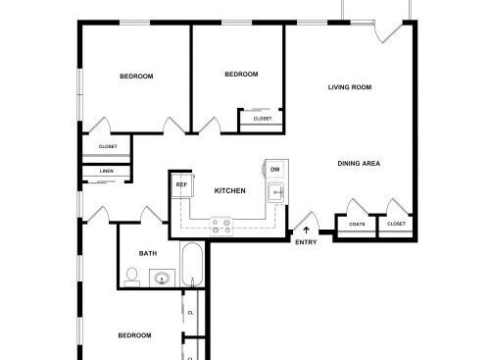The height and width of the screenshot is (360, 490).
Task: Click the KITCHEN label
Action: [x=229, y=190]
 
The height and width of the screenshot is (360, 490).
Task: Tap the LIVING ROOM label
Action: [x=350, y=87]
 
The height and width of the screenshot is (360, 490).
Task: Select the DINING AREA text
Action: [x=359, y=164]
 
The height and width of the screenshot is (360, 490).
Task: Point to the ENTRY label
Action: [x=306, y=242]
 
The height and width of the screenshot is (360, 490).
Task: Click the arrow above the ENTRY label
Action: [x=306, y=231]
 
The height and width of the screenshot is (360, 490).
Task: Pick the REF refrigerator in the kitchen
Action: [x=182, y=185]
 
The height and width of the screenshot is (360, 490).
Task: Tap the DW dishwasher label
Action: [x=275, y=170]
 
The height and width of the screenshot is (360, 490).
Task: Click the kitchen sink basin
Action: [x=276, y=192]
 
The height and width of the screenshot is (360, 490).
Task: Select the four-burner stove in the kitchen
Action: [x=220, y=227]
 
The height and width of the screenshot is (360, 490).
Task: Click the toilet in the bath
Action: [x=132, y=278]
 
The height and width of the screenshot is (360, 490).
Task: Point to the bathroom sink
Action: [x=162, y=279]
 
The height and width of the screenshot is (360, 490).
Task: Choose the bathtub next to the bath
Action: [x=192, y=265]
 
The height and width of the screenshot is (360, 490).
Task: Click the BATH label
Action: [x=148, y=253]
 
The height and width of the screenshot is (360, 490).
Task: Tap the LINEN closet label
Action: [x=107, y=171]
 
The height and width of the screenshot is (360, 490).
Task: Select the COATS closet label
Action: [x=357, y=225]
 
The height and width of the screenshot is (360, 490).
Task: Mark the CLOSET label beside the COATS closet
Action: [x=396, y=224]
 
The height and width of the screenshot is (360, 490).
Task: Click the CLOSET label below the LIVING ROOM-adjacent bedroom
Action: [x=263, y=119]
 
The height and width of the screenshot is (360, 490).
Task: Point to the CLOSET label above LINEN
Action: [x=108, y=147]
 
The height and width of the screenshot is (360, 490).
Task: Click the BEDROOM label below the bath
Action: [x=134, y=335]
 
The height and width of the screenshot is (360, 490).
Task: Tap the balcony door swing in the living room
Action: [x=388, y=33]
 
